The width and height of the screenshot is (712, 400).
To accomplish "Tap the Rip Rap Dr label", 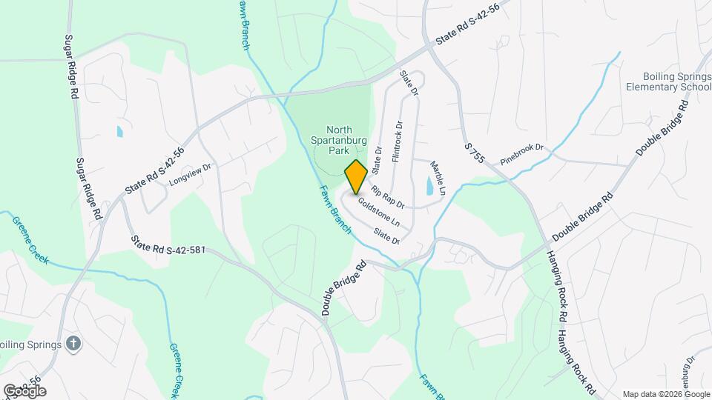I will [388, 196].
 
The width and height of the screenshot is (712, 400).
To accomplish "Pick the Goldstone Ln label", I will [378, 213].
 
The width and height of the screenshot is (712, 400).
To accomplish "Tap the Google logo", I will [24, 390].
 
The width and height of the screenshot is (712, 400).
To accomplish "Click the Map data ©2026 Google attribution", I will [665, 394].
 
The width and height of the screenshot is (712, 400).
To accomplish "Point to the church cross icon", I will [73, 343].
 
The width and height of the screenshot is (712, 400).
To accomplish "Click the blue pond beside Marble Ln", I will [429, 186].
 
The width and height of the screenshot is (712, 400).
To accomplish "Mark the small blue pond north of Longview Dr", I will [119, 132].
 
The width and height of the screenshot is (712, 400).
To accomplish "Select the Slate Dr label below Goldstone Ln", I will [387, 236].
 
